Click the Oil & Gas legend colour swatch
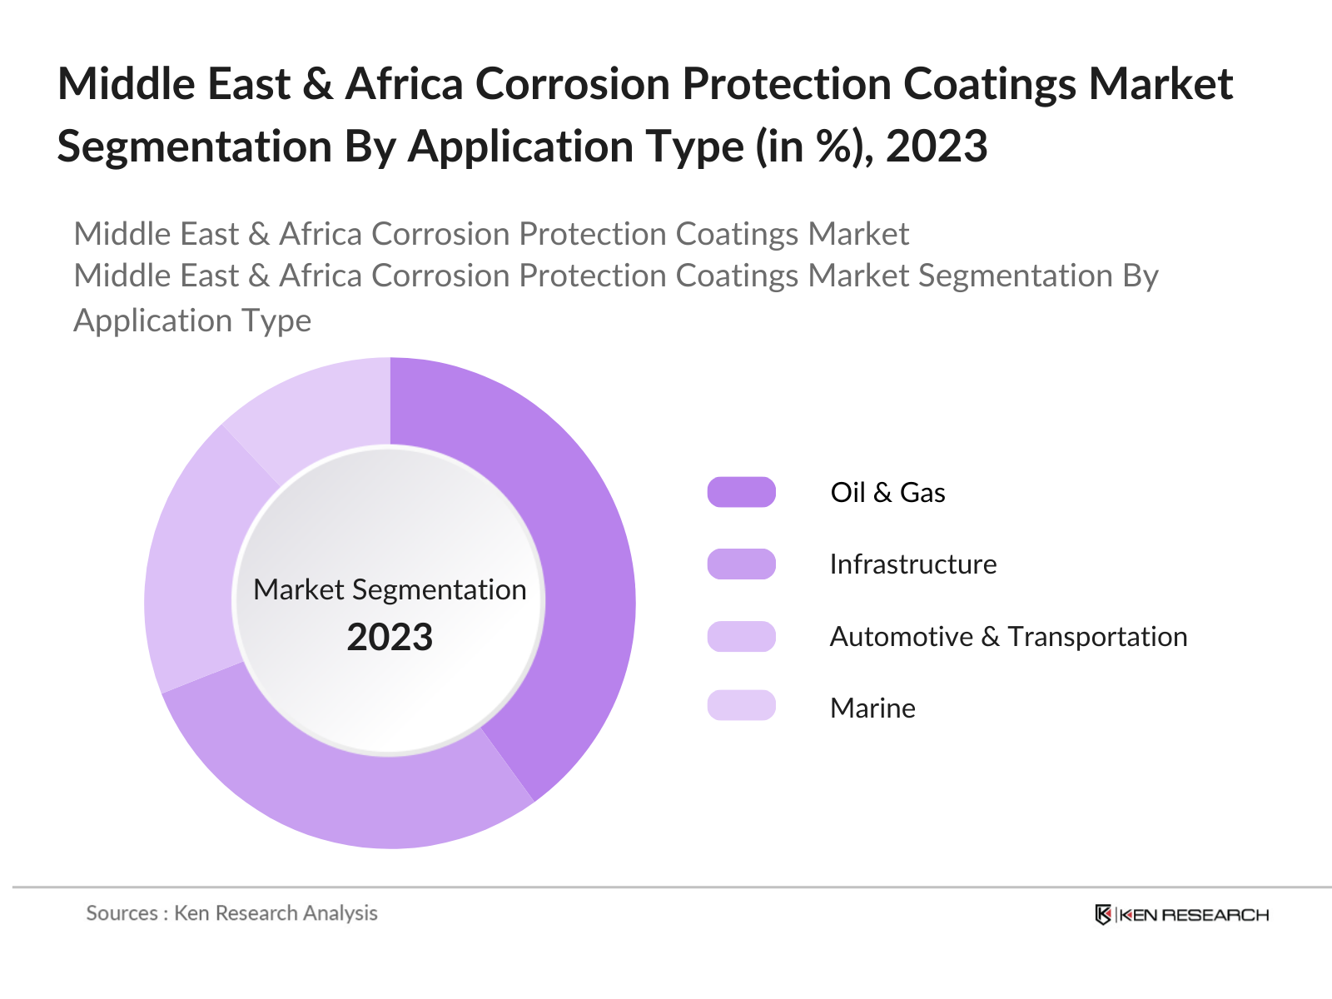click(741, 492)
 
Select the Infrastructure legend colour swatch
click(741, 564)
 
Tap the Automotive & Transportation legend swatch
click(741, 636)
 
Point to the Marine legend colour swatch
click(741, 706)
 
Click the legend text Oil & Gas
click(887, 492)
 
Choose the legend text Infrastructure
click(913, 564)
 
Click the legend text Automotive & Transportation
click(1008, 637)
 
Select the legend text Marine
click(872, 708)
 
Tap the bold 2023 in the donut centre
click(390, 638)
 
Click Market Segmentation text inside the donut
click(390, 589)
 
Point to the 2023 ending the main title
click(937, 147)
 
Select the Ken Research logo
click(1181, 915)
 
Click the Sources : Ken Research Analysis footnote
click(231, 913)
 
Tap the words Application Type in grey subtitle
click(192, 321)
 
